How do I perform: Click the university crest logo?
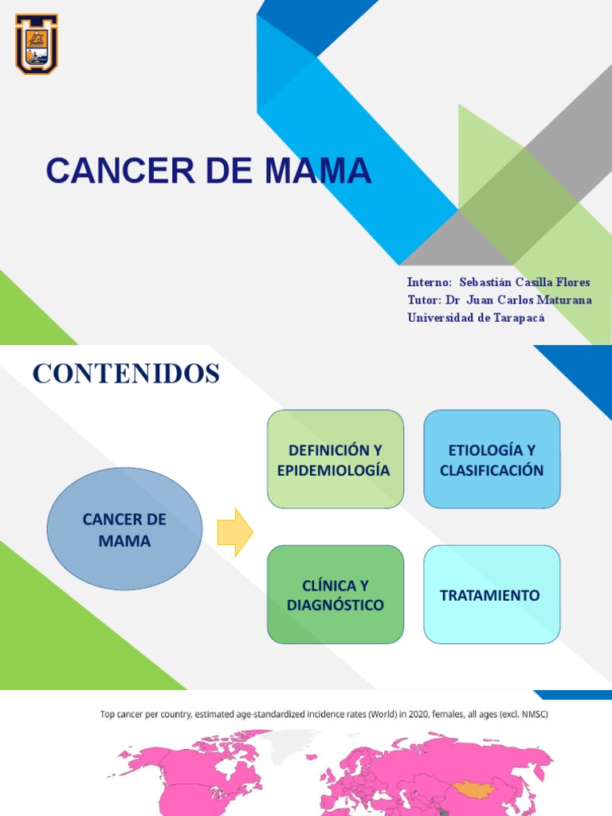37,44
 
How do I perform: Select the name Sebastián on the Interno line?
488,282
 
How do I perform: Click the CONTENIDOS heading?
126,374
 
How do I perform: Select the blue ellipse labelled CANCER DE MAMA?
124,529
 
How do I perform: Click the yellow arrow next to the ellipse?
234,532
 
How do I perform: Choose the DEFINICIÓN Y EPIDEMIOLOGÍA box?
335,459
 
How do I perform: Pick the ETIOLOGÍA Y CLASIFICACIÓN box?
492,459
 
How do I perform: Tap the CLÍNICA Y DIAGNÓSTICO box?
335,594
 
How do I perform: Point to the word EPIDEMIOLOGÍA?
334,470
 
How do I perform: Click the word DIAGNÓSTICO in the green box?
335,606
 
